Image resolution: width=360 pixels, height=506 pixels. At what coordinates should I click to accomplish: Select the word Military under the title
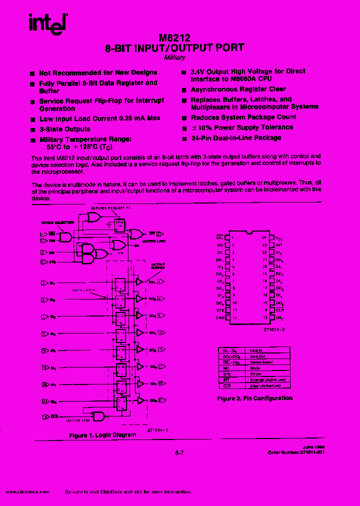(174, 57)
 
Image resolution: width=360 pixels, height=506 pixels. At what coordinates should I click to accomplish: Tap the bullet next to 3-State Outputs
(32, 129)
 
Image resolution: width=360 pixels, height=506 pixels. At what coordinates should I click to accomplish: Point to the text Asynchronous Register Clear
(238, 89)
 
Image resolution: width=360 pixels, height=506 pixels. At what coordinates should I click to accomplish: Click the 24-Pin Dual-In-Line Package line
(235, 138)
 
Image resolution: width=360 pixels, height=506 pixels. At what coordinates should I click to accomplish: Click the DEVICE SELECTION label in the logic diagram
(54, 223)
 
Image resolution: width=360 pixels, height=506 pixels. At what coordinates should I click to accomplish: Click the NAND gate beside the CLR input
(97, 416)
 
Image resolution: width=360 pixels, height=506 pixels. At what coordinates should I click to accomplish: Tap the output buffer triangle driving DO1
(139, 282)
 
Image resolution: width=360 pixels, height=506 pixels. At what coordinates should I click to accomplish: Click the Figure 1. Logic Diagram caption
(102, 435)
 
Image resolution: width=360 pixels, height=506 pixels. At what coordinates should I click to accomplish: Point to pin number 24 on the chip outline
(264, 237)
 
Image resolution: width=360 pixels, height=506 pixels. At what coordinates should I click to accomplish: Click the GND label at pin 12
(220, 318)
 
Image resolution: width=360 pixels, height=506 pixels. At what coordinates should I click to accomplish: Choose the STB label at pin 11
(220, 310)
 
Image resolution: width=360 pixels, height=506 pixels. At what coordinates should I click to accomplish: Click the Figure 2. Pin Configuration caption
(254, 398)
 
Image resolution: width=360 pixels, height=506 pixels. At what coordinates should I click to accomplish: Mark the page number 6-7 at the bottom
(180, 453)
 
